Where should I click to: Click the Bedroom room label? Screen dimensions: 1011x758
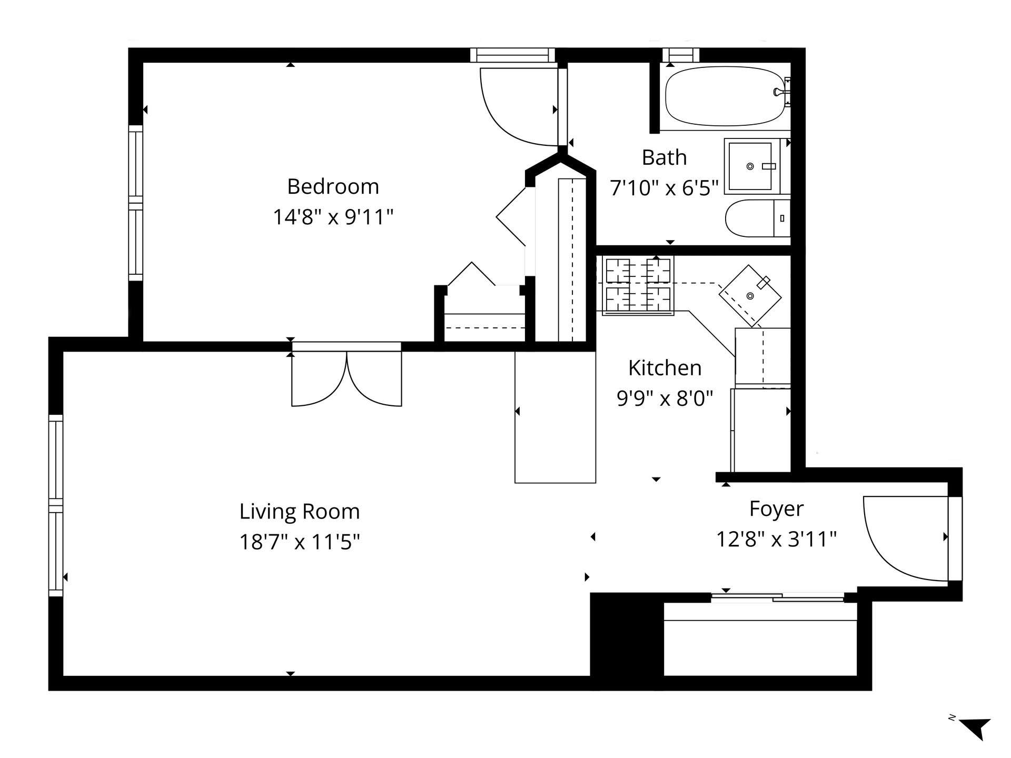point(333,186)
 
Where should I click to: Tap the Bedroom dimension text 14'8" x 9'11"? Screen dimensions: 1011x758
point(333,217)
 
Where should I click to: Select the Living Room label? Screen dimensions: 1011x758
point(300,511)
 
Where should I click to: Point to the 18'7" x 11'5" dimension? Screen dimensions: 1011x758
point(300,542)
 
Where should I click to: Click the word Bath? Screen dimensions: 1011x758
point(665,157)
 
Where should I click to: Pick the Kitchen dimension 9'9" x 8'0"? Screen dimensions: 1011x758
point(665,398)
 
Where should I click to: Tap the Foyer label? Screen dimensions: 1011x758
point(776,509)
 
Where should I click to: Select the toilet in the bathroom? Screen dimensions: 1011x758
point(758,218)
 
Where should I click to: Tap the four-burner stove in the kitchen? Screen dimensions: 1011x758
point(638,285)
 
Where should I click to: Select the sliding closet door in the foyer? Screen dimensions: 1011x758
point(778,597)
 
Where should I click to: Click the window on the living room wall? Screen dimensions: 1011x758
point(56,506)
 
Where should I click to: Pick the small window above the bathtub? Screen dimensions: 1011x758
point(681,55)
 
